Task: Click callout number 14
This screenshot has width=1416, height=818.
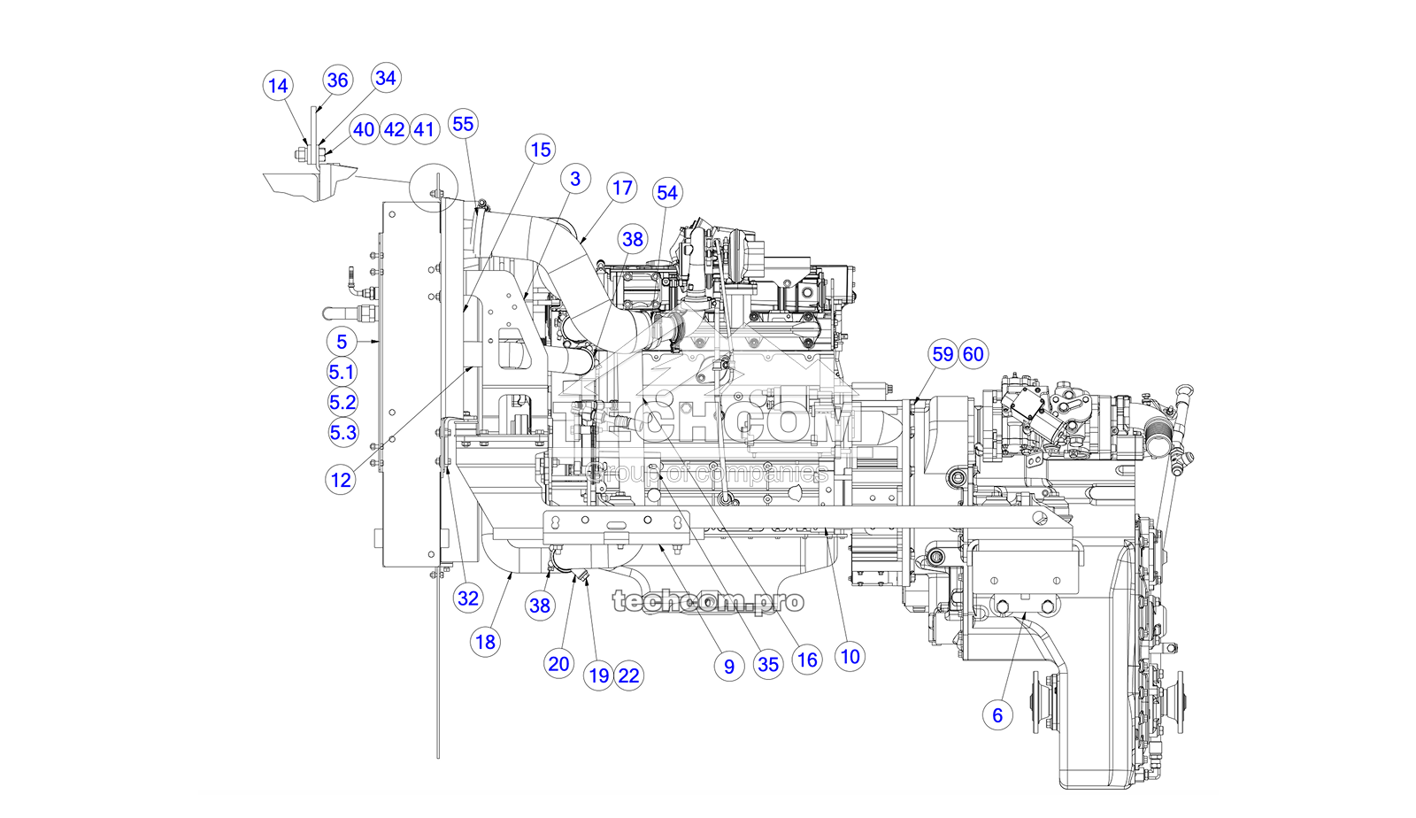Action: click(x=278, y=86)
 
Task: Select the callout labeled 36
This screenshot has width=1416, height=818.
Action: click(x=337, y=81)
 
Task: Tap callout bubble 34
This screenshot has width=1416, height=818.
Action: click(x=385, y=78)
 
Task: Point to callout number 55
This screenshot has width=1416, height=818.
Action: click(x=463, y=124)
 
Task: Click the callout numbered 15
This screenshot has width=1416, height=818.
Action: click(x=541, y=150)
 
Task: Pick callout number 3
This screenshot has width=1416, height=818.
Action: click(x=575, y=179)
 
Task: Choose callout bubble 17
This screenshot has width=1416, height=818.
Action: click(x=622, y=188)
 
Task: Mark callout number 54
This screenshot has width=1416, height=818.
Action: click(x=667, y=193)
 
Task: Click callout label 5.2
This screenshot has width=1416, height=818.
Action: click(x=342, y=402)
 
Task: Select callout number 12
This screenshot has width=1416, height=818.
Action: click(x=341, y=480)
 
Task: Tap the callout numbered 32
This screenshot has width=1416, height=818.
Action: click(x=468, y=598)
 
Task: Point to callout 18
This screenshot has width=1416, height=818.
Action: click(x=485, y=642)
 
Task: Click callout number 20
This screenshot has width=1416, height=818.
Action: click(x=558, y=664)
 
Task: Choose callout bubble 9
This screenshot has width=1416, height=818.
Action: click(x=728, y=667)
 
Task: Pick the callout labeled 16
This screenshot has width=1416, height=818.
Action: click(x=806, y=660)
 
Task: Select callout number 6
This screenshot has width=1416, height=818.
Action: click(x=997, y=715)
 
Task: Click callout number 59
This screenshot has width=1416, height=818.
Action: click(x=943, y=354)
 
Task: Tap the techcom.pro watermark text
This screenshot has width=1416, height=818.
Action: click(x=708, y=602)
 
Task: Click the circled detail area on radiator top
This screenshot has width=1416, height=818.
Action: click(x=434, y=188)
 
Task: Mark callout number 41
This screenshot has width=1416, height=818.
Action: click(x=425, y=130)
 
